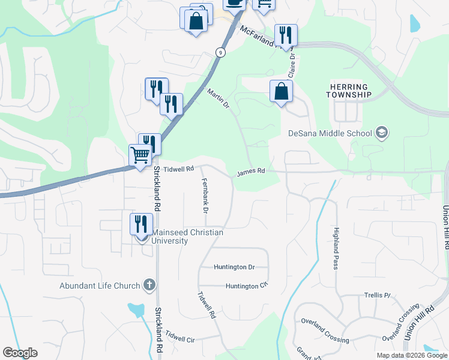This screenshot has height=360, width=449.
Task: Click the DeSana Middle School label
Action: [330, 133]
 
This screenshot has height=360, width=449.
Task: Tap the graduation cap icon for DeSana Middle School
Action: [380, 133]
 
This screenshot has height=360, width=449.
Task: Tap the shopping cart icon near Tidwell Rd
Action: [140, 155]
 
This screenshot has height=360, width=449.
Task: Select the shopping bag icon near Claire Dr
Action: [281, 91]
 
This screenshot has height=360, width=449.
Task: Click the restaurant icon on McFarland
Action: [286, 35]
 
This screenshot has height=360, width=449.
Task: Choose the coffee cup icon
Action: [234, 3]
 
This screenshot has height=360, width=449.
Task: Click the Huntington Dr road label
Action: [235, 267]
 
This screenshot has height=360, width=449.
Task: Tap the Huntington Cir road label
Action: [246, 286]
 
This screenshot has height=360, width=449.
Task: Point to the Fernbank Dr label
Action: [204, 196]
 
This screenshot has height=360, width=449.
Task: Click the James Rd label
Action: [250, 172]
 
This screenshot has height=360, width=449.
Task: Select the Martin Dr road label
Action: [218, 99]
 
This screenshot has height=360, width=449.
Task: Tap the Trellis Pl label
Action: [377, 296]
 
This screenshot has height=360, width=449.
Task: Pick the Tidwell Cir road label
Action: [181, 337]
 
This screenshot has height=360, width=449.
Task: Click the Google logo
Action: [20, 353]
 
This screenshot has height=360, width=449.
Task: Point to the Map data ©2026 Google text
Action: [411, 355]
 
